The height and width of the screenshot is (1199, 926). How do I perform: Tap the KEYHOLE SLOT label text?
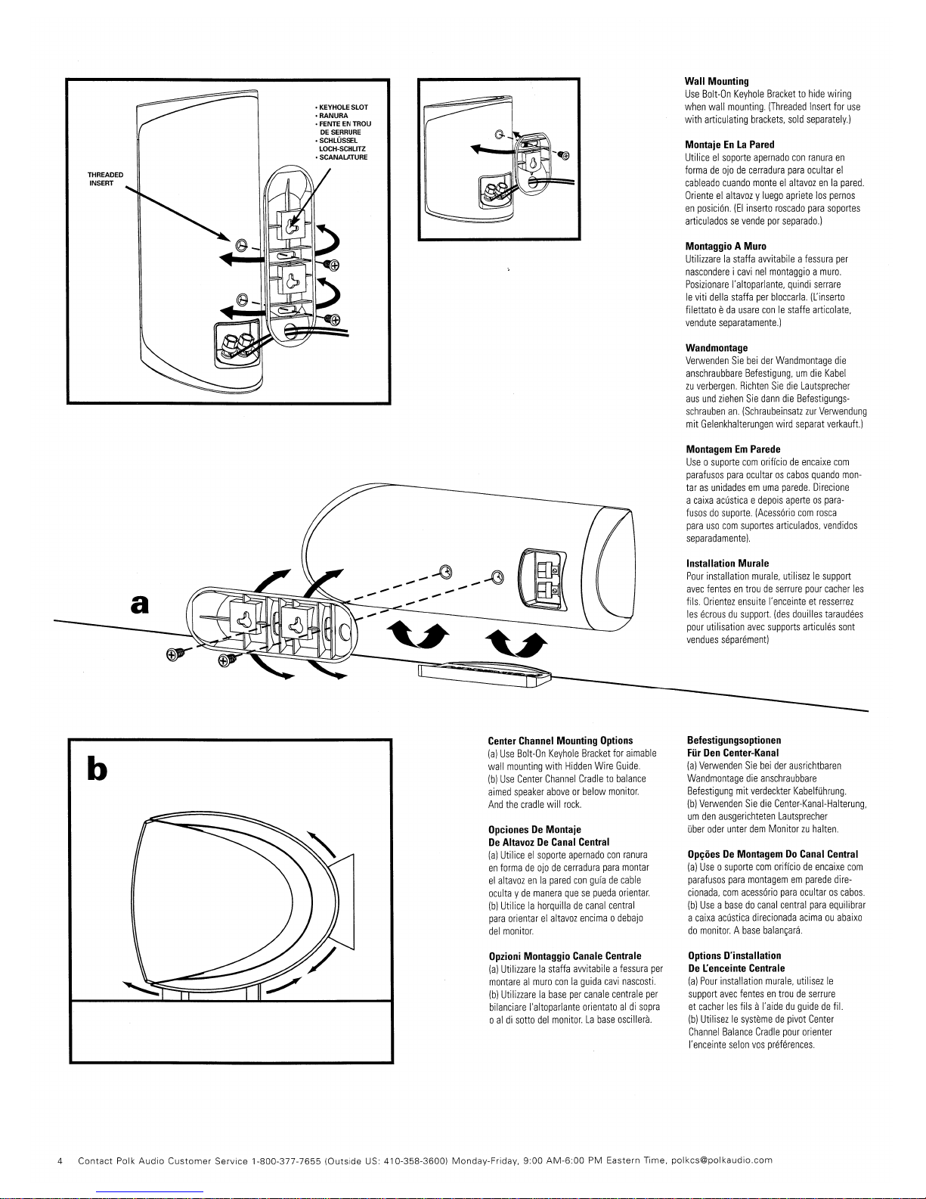343,107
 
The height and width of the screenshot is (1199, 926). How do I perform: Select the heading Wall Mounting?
716,81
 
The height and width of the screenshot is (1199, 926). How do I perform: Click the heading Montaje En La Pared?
729,144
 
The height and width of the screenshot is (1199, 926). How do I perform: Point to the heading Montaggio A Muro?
725,247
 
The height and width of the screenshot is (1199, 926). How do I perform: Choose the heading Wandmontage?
716,348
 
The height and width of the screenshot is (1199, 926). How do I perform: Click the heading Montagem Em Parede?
732,449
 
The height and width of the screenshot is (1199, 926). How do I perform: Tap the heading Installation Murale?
727,564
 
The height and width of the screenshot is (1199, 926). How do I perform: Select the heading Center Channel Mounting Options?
560,741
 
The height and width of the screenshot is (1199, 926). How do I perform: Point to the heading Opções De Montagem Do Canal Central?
773,855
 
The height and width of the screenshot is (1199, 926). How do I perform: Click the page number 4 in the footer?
60,1160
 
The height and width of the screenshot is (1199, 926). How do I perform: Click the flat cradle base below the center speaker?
485,673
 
